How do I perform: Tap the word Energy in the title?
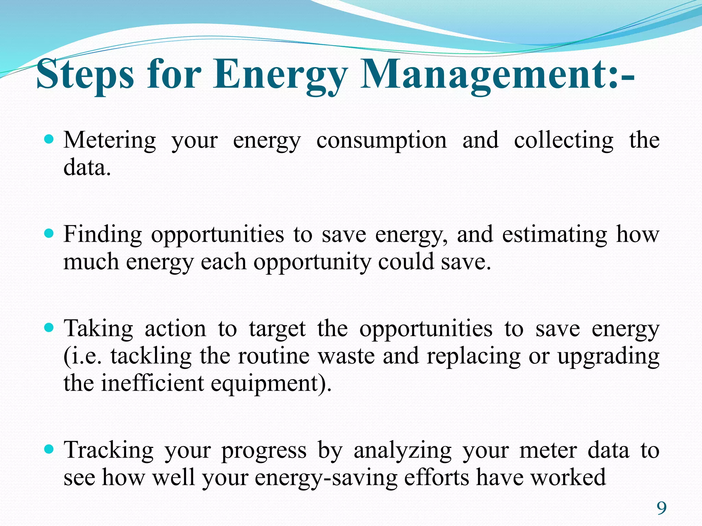pos(279,74)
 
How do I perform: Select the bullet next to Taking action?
pos(50,328)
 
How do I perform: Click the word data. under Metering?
pos(87,168)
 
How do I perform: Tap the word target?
pos(277,329)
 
